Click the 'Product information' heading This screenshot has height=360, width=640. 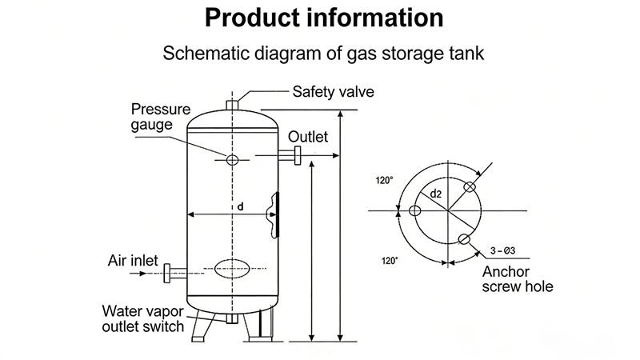click(319, 18)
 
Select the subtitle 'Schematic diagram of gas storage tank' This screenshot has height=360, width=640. click(319, 54)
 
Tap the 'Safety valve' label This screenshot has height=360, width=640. click(333, 91)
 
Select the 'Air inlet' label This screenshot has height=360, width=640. click(133, 261)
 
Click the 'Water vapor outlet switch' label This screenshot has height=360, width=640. click(142, 318)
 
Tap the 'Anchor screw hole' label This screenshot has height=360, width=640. click(517, 278)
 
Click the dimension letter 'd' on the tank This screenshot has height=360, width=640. click(239, 207)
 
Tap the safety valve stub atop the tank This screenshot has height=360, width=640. click(232, 105)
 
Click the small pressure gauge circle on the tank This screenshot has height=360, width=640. click(232, 160)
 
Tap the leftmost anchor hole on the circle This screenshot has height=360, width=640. click(414, 211)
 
